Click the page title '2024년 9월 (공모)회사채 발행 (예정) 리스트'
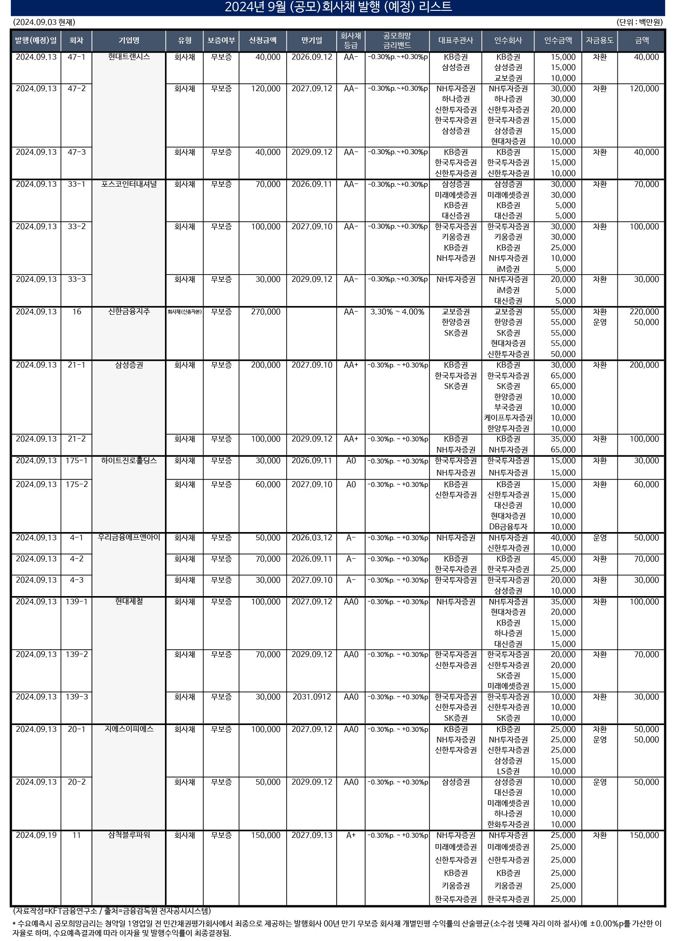click(x=338, y=7)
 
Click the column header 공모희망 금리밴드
click(x=397, y=41)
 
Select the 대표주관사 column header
click(x=456, y=41)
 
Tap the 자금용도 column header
click(x=599, y=41)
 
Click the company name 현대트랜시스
click(x=129, y=57)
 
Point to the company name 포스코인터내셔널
click(x=129, y=184)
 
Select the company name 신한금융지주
click(x=129, y=312)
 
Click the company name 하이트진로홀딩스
click(x=129, y=460)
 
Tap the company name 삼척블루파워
click(x=129, y=835)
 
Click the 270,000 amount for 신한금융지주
click(x=265, y=312)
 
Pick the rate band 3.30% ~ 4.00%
click(x=397, y=312)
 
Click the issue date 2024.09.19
click(x=36, y=835)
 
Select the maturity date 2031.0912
click(x=311, y=697)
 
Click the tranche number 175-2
click(x=77, y=484)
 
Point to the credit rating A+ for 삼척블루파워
click(x=351, y=835)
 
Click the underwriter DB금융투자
click(x=508, y=527)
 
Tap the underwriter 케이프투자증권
click(x=508, y=418)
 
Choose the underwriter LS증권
click(x=508, y=771)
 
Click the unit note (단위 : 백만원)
click(x=640, y=22)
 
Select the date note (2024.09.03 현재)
click(x=44, y=22)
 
